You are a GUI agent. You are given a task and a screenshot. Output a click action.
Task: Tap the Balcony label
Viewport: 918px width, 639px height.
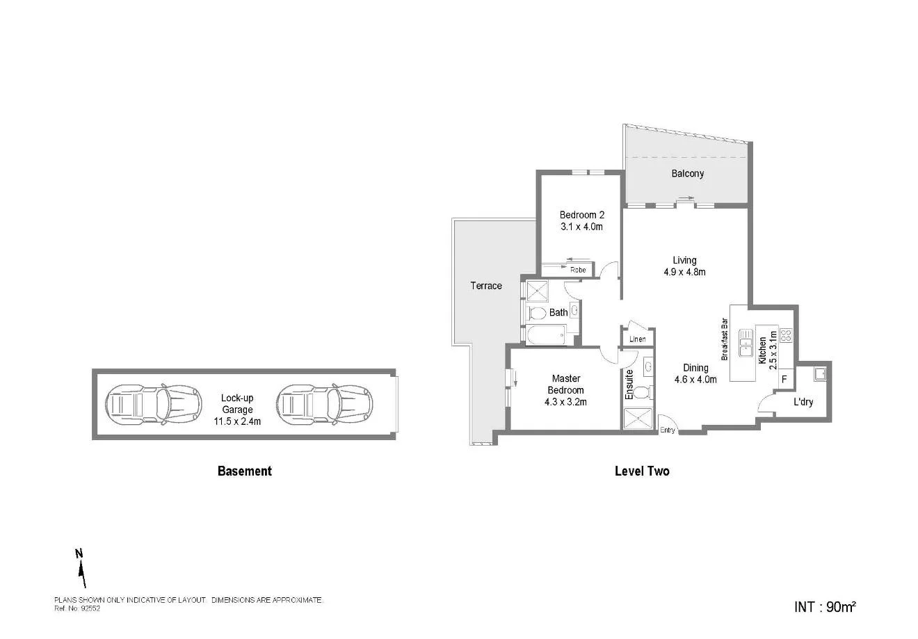pyautogui.click(x=687, y=174)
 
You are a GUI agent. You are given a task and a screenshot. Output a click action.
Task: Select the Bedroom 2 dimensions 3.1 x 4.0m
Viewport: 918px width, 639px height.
pyautogui.click(x=581, y=227)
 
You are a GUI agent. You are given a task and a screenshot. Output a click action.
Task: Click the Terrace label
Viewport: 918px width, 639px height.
pyautogui.click(x=485, y=286)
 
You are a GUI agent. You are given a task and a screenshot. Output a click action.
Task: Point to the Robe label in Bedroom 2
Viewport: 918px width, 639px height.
pyautogui.click(x=578, y=270)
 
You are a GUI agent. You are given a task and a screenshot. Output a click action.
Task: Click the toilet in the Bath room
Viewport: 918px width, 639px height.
pyautogui.click(x=537, y=312)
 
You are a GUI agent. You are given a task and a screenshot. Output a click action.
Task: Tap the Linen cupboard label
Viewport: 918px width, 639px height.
pyautogui.click(x=637, y=339)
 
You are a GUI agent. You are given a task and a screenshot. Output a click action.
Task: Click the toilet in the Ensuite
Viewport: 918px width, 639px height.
pyautogui.click(x=641, y=392)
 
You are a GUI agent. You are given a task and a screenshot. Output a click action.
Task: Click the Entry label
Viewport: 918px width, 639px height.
pyautogui.click(x=667, y=430)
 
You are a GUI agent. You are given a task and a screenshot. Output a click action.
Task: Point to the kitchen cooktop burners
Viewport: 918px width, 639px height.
pyautogui.click(x=787, y=336)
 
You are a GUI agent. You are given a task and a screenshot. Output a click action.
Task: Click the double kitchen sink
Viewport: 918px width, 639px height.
pyautogui.click(x=746, y=342)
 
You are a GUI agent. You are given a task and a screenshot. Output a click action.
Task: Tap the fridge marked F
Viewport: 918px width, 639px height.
pyautogui.click(x=784, y=380)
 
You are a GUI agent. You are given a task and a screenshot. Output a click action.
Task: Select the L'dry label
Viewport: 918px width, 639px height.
pyautogui.click(x=803, y=402)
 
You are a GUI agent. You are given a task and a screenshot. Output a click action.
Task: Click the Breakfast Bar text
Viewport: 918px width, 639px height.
pyautogui.click(x=724, y=339)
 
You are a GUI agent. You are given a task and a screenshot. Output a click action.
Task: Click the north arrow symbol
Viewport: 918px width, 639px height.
pyautogui.click(x=81, y=569)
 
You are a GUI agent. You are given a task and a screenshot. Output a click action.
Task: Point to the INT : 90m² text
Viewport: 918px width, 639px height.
pyautogui.click(x=825, y=606)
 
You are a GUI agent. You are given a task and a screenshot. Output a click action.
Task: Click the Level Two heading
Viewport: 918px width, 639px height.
pyautogui.click(x=642, y=471)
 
